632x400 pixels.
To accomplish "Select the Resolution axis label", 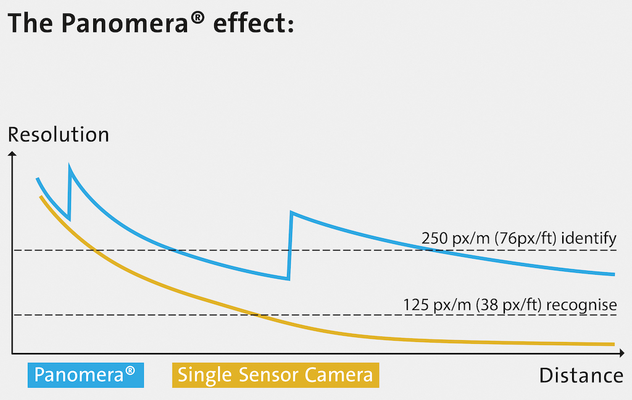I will point(58,135).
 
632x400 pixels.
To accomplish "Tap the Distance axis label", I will point(581,375).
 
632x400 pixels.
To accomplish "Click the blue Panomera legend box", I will point(86,375).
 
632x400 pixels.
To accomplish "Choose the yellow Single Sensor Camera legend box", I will point(275,375).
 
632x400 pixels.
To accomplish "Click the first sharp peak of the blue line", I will point(70,168).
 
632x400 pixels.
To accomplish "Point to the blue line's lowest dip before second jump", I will point(288,278).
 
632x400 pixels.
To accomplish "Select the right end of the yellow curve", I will point(613,344).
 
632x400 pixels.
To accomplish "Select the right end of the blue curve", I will point(613,274).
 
